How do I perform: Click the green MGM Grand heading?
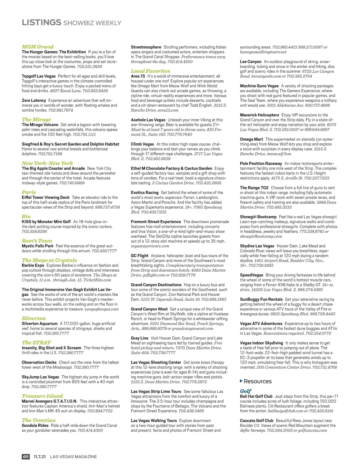(x=37, y=47)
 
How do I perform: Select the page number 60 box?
(x=26, y=456)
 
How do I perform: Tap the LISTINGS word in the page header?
(x=41, y=22)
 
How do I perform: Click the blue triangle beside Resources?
(x=241, y=381)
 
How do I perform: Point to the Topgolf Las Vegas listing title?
(x=39, y=76)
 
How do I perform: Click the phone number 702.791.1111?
(x=84, y=134)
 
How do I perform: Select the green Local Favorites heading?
(x=150, y=71)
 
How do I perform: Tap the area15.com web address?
(x=168, y=110)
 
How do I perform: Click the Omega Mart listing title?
(x=251, y=139)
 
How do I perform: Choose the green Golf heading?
(x=245, y=391)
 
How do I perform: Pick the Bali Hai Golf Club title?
(x=256, y=396)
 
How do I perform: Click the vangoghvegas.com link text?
(x=101, y=309)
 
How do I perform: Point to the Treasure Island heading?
(x=42, y=396)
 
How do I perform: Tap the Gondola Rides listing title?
(x=35, y=425)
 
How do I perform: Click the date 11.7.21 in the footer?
(x=40, y=456)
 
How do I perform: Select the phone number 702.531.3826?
(x=89, y=66)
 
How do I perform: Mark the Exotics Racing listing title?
(x=145, y=193)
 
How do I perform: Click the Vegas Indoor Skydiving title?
(x=261, y=343)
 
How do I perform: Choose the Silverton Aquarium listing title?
(x=40, y=324)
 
